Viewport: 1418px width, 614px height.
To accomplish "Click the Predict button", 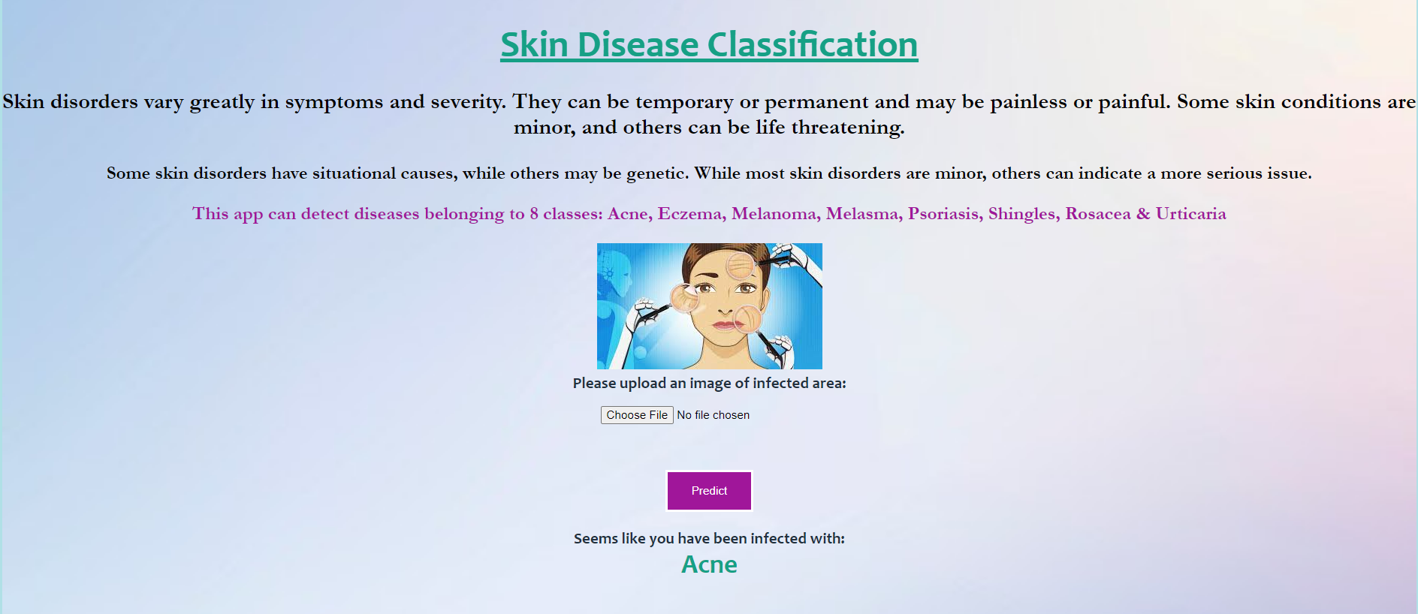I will click(709, 491).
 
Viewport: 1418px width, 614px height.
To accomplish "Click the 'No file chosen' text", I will click(713, 415).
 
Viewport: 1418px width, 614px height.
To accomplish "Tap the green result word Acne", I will click(709, 564).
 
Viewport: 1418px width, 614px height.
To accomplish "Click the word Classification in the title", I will click(813, 44).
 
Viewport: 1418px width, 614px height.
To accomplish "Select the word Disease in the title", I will click(638, 44).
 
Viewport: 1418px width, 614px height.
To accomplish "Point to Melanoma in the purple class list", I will click(773, 214).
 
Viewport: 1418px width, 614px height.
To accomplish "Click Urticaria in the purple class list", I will click(1190, 214).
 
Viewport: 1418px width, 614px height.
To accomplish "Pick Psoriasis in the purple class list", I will click(943, 214).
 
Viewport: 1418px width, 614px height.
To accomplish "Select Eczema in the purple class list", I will click(689, 214).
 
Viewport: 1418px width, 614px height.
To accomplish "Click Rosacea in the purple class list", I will click(1097, 214).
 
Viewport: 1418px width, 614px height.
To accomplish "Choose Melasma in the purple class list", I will click(861, 214).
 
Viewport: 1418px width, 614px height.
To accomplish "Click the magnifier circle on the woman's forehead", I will click(741, 265).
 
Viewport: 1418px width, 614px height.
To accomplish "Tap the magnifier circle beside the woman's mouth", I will click(748, 319).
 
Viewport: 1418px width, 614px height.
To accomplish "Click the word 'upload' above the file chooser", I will click(643, 384).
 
